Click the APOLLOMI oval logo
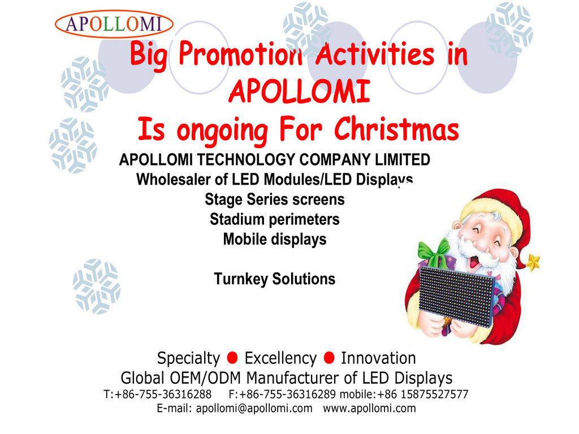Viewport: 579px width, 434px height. coord(114,24)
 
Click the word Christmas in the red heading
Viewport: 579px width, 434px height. coord(396,129)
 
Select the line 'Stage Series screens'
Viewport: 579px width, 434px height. coord(275,199)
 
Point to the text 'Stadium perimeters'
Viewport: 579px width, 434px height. coord(275,219)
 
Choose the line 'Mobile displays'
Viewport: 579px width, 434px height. coord(275,239)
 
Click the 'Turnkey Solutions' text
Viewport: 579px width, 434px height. coord(275,279)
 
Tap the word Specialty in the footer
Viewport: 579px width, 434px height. coord(188,358)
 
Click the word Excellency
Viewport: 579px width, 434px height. coord(280,358)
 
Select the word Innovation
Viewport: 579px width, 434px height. coord(378,358)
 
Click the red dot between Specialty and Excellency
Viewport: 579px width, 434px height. coord(232,358)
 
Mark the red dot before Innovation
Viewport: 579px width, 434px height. coord(329,358)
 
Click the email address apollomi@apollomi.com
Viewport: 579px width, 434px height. coord(254,409)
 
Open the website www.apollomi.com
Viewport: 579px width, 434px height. coord(369,409)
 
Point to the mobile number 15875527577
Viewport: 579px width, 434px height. coord(434,394)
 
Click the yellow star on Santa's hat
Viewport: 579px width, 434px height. coord(533,262)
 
